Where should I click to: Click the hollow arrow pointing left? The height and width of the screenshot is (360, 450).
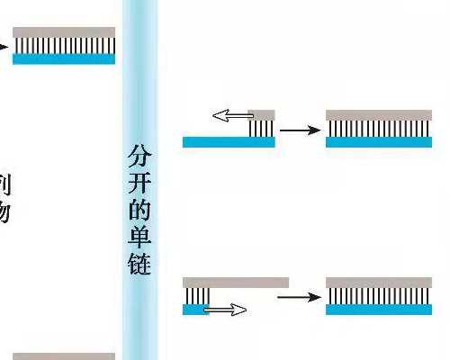click(230, 116)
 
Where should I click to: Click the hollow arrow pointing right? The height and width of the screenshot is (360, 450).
click(226, 310)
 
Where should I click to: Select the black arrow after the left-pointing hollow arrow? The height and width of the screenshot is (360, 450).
click(300, 130)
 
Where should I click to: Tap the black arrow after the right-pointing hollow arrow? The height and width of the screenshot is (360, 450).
click(300, 296)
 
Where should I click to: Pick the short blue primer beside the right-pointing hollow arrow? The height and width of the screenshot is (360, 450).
click(195, 309)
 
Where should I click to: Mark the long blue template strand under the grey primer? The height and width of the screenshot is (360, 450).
click(228, 141)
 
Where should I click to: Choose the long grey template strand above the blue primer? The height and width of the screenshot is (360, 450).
click(235, 282)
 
